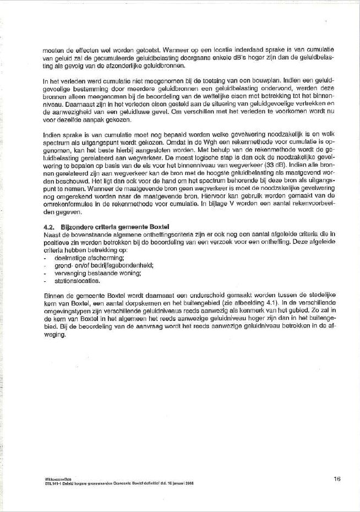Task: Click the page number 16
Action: pos(337,478)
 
